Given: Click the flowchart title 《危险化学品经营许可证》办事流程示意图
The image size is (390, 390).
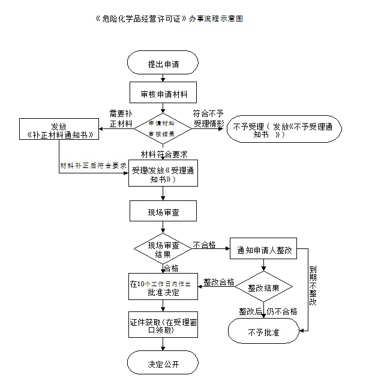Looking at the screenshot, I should (169, 19).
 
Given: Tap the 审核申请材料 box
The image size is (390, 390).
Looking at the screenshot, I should (163, 94).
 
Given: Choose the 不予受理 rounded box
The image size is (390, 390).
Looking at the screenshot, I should (284, 130).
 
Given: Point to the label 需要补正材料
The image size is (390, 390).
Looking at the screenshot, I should (120, 118).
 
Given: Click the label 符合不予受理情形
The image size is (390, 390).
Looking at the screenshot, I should (208, 118).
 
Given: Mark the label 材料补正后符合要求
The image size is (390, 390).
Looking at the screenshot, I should (93, 165).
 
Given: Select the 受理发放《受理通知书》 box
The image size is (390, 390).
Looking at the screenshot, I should (163, 175).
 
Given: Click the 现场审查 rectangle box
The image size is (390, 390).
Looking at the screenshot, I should (163, 212).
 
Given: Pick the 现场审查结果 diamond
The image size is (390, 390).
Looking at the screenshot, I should (163, 250).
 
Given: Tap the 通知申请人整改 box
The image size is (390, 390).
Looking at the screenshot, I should (264, 250).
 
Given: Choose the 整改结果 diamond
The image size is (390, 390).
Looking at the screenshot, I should (263, 288).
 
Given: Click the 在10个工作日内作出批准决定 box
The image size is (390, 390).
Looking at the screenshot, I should (163, 288).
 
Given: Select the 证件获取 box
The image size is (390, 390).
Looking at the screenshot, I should (163, 326).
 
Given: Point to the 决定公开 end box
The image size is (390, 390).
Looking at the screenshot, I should (163, 364).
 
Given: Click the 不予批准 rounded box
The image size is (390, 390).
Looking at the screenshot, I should (263, 331).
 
